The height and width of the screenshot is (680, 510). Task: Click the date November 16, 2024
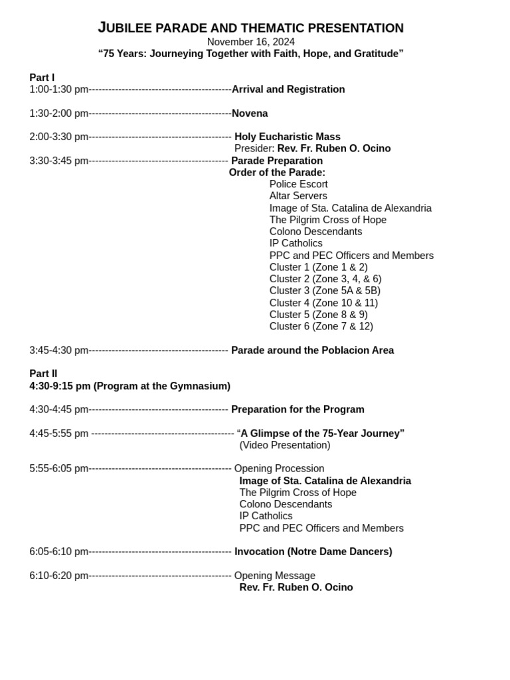(250, 42)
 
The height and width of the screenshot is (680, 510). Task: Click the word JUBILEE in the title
(126, 28)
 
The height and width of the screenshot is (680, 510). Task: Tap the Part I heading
(42, 78)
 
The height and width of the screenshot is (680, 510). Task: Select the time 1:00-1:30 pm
(58, 90)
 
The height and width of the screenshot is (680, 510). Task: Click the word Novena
(250, 114)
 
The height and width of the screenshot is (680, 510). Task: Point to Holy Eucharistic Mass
(287, 137)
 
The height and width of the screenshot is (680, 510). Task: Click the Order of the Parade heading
(277, 173)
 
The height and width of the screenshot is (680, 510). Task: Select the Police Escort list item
(298, 184)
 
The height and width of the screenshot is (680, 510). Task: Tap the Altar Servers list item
(298, 196)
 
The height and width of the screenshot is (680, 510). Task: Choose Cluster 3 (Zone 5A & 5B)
(325, 291)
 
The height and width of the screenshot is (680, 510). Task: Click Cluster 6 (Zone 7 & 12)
(321, 327)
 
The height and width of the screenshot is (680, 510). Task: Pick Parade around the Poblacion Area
(312, 351)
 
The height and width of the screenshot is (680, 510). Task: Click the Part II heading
(43, 374)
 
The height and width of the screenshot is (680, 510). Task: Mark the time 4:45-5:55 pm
(58, 434)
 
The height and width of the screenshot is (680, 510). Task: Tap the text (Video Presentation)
(284, 446)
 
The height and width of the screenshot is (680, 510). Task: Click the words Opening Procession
(279, 469)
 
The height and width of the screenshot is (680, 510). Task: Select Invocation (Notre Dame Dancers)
(313, 552)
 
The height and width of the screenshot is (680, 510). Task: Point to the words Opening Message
(274, 576)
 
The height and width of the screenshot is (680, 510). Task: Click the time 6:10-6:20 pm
(58, 576)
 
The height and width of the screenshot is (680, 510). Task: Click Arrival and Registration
(288, 90)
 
